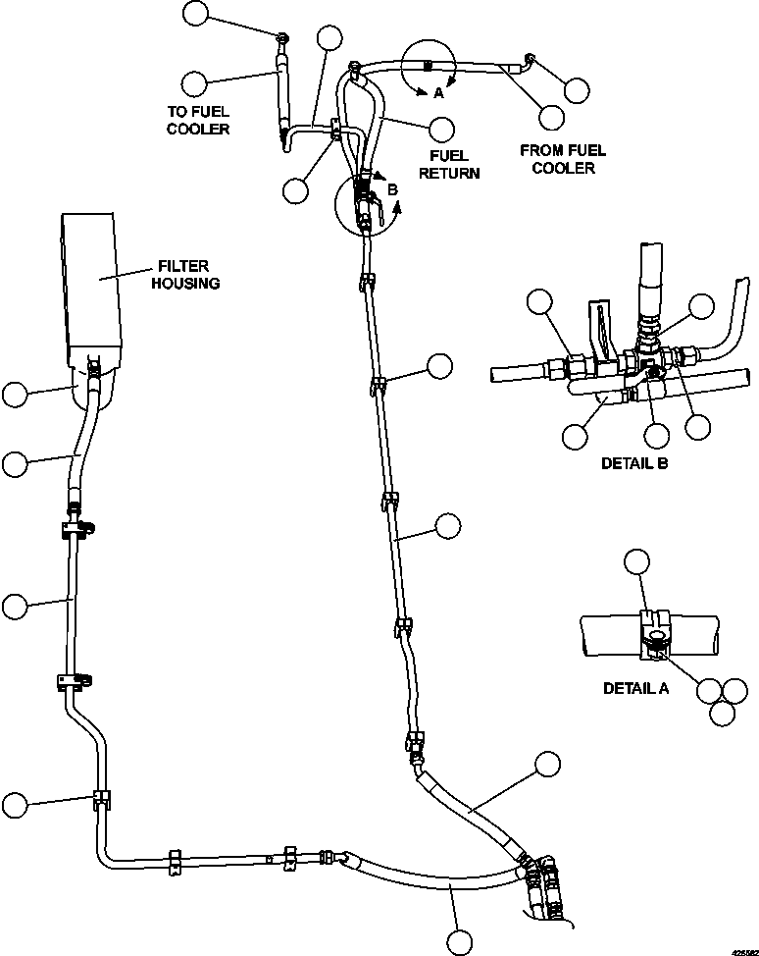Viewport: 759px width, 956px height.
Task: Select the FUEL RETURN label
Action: (449, 164)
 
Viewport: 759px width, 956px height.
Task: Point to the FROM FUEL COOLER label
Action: (563, 159)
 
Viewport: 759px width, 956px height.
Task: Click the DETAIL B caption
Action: (634, 463)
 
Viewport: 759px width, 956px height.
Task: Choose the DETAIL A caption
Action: (635, 688)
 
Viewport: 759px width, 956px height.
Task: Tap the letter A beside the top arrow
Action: (438, 94)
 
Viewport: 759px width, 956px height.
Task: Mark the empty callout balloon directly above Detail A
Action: (637, 561)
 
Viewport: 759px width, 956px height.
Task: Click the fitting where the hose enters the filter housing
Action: (94, 371)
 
